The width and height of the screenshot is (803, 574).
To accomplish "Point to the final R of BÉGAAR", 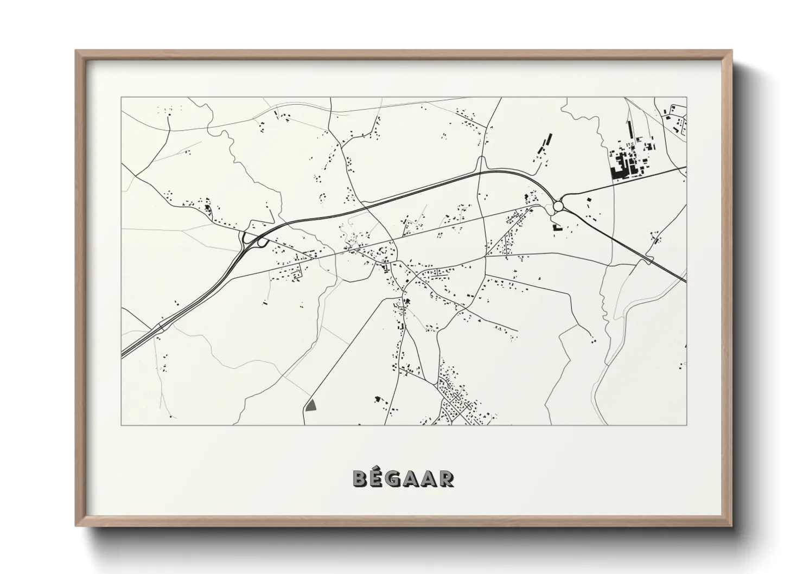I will (447, 479).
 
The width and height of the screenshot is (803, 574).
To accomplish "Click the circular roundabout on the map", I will (558, 206).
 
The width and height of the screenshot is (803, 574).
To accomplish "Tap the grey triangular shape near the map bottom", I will (311, 405).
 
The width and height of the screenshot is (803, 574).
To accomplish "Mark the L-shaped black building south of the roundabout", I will (556, 227).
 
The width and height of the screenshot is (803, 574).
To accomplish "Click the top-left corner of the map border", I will (121, 98).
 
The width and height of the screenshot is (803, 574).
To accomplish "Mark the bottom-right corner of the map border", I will (686, 425).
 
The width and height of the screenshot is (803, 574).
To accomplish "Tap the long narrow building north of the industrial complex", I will (629, 130).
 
